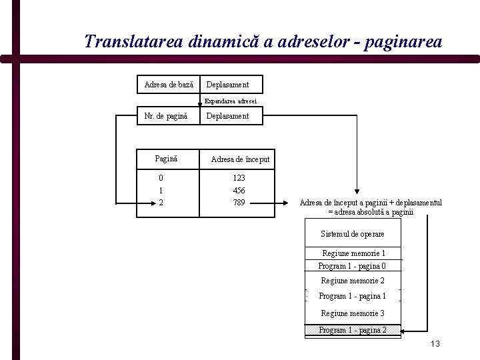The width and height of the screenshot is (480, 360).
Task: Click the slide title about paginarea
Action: (x=263, y=41)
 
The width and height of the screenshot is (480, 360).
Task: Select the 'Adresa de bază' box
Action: (x=169, y=85)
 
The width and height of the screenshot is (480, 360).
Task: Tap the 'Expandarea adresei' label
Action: (x=231, y=101)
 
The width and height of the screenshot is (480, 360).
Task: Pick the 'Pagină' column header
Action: (x=166, y=159)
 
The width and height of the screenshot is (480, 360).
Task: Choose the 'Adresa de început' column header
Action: (x=240, y=159)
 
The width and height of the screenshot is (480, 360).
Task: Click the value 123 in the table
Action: (x=239, y=178)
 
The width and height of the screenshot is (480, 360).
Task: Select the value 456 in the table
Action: (x=239, y=190)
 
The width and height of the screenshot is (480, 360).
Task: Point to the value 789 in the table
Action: (x=239, y=202)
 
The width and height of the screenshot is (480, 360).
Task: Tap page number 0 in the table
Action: (x=161, y=178)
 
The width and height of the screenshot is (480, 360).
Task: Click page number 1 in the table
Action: (x=161, y=190)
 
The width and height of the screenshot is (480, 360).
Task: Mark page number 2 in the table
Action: (x=161, y=202)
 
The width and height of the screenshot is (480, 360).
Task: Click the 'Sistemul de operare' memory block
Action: (x=353, y=234)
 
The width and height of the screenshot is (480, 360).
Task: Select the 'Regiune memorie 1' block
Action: (x=353, y=253)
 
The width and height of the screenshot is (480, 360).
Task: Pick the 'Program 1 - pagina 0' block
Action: (x=352, y=265)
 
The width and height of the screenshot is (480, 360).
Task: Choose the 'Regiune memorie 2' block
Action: (x=353, y=281)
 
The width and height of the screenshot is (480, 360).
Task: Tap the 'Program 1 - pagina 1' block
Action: (x=353, y=296)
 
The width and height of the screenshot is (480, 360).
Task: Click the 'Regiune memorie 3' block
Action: (x=353, y=313)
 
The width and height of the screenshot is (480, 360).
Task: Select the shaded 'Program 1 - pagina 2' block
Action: (x=353, y=330)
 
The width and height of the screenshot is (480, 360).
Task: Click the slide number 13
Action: (x=435, y=344)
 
